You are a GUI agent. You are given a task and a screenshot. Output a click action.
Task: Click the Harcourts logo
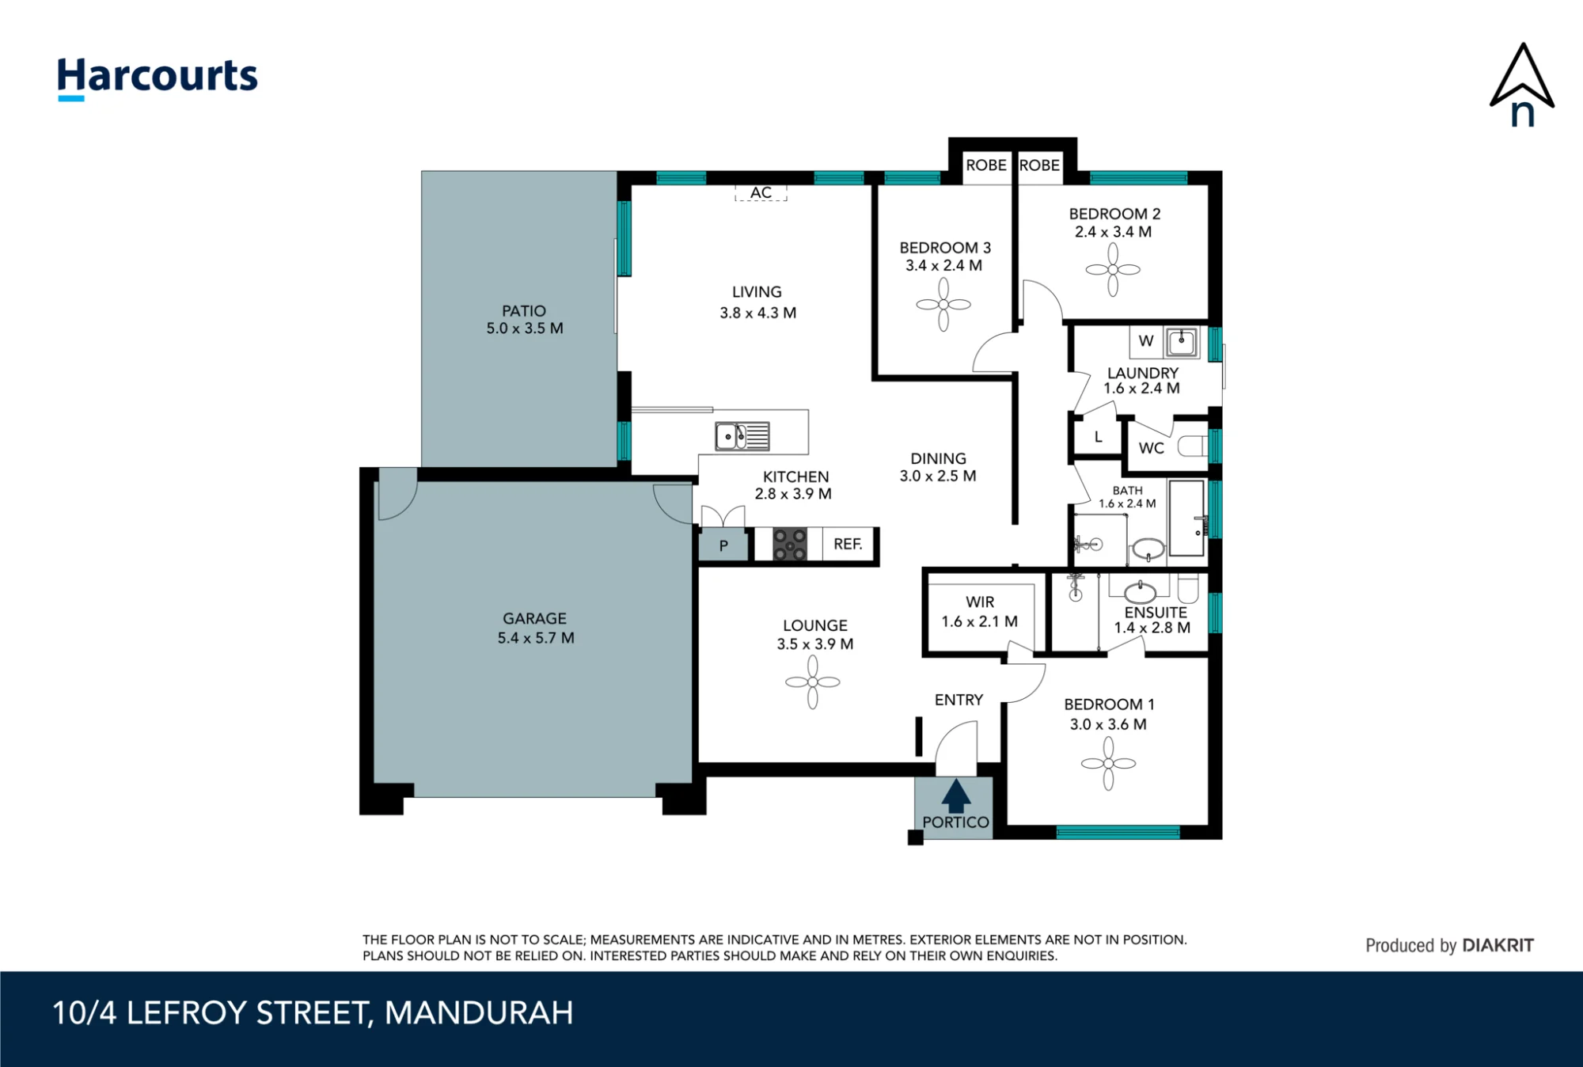click(158, 78)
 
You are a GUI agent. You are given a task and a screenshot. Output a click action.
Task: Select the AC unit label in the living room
click(761, 192)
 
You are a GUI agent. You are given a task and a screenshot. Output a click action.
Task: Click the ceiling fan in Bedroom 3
click(943, 304)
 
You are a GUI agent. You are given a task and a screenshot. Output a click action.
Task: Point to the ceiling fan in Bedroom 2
click(1113, 270)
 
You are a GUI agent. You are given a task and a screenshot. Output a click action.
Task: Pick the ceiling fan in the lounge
click(813, 682)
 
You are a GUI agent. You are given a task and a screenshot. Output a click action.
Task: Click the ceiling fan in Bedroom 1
click(1108, 764)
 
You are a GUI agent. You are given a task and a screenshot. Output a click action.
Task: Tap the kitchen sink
click(742, 436)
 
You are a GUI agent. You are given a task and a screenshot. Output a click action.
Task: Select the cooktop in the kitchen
click(790, 544)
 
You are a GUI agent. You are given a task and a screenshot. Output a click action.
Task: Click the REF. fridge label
click(848, 544)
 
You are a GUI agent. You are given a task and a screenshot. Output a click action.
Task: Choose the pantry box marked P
click(723, 545)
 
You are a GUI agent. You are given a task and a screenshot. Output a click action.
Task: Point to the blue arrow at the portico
click(956, 796)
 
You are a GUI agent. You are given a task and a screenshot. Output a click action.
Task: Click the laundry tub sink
click(1182, 342)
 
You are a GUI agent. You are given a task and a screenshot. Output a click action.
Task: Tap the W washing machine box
click(1146, 341)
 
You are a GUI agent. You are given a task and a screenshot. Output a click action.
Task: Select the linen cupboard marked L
click(1098, 437)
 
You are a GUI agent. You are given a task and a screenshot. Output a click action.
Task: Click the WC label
click(1151, 448)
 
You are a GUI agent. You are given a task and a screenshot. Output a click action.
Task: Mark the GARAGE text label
click(534, 618)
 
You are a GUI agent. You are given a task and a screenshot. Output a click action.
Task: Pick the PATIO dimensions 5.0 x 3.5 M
click(525, 328)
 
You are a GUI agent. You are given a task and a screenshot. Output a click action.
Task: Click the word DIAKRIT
click(1498, 945)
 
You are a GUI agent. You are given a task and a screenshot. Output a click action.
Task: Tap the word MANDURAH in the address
click(479, 1013)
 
